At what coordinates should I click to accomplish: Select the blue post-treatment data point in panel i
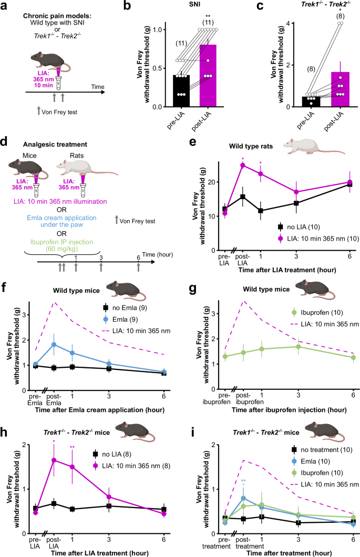243,498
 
